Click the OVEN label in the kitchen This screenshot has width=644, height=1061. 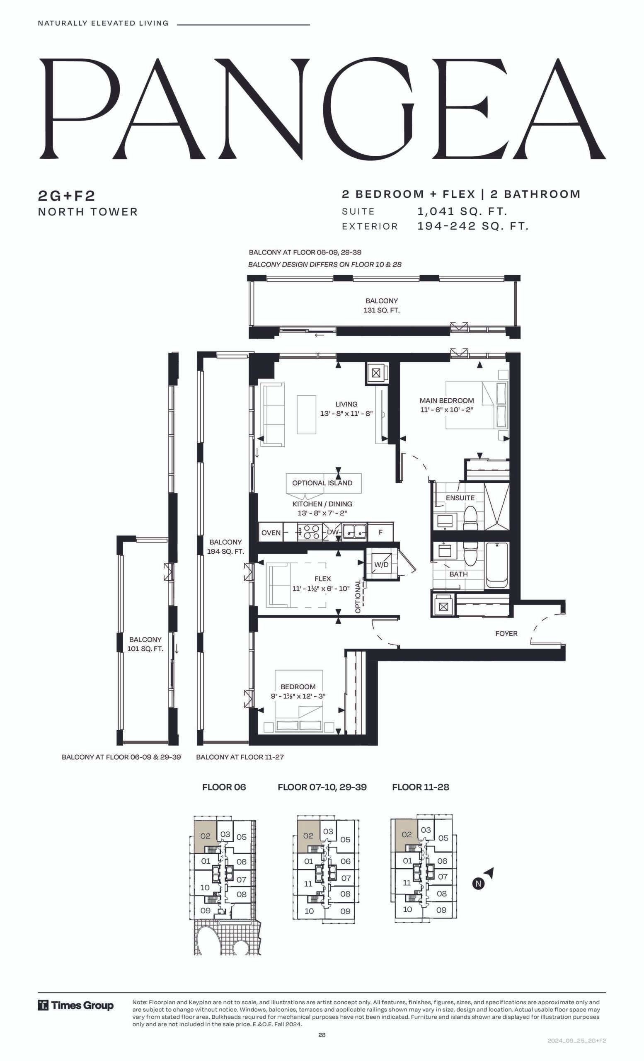click(x=271, y=533)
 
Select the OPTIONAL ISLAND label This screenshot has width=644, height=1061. click(x=322, y=483)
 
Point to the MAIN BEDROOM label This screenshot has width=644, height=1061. click(x=447, y=400)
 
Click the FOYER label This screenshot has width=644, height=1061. click(x=506, y=633)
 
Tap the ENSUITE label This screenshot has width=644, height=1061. click(x=460, y=498)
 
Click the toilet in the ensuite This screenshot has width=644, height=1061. click(x=470, y=518)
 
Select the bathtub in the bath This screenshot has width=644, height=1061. click(x=497, y=565)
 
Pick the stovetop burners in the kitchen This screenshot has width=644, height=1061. click(x=309, y=532)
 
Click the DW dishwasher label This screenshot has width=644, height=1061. click(x=332, y=532)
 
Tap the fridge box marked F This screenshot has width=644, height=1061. click(x=380, y=532)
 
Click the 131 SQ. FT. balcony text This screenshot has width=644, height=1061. click(x=381, y=310)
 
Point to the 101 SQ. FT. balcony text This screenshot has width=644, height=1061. click(x=145, y=649)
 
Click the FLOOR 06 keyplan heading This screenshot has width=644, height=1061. click(x=224, y=787)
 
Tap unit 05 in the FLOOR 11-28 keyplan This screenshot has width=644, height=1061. click(x=443, y=838)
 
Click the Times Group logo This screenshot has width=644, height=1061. click(x=76, y=1005)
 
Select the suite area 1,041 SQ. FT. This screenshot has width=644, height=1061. click(x=462, y=211)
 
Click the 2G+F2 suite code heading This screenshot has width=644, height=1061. click(x=66, y=196)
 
